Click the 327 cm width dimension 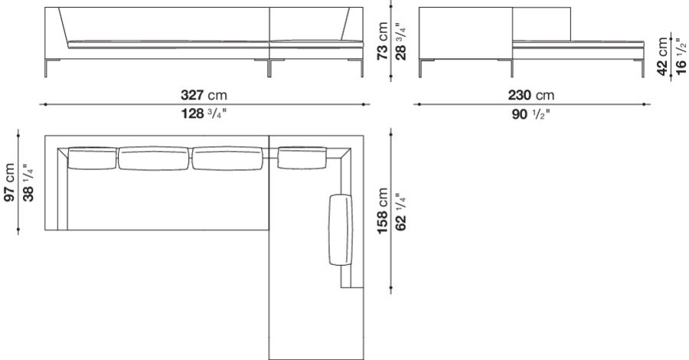tap(203, 95)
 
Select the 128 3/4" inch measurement tap(204, 114)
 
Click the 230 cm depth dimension tap(531, 95)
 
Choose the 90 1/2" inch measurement tap(531, 114)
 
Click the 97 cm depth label tap(9, 182)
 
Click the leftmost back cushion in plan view tap(92, 159)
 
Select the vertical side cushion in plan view tap(339, 230)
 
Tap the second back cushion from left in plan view tap(152, 159)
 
